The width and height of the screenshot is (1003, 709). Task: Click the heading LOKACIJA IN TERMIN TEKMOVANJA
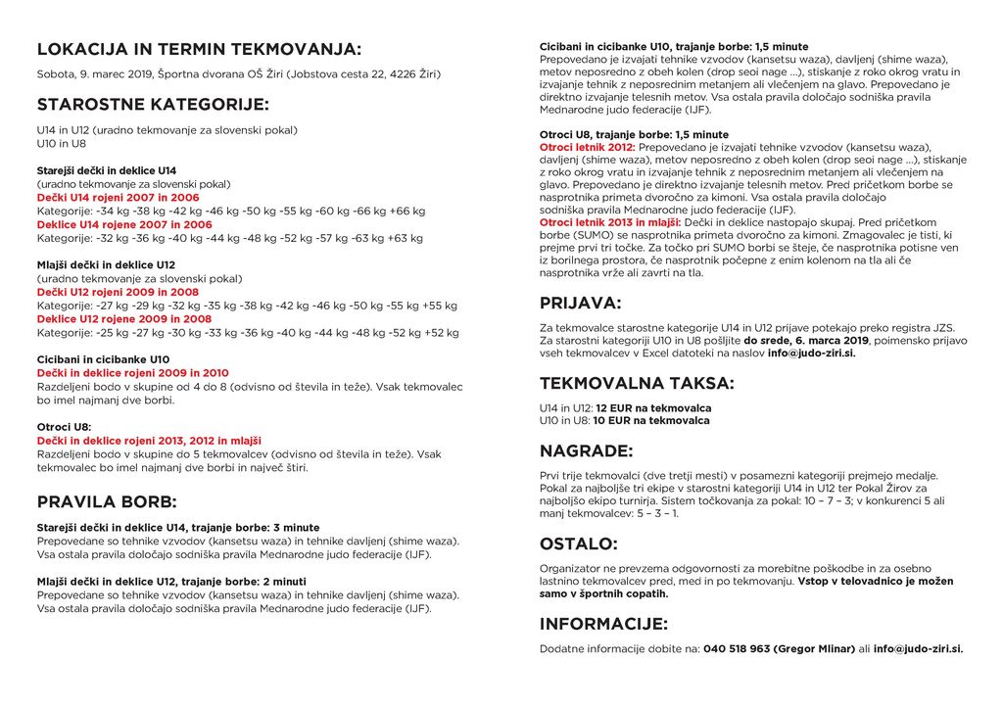(x=199, y=50)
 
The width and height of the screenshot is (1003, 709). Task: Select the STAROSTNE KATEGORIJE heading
(x=153, y=105)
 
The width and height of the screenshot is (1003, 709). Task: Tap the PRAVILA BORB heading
(x=107, y=502)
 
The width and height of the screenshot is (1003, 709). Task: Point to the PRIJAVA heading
(x=580, y=303)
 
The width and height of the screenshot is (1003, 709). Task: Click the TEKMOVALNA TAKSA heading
(x=637, y=383)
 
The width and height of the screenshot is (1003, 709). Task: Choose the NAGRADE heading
(x=586, y=451)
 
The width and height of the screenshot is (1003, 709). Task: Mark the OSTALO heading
(x=578, y=544)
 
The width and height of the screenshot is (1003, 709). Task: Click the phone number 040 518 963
(x=737, y=648)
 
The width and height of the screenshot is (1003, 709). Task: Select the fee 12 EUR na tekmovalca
(x=653, y=407)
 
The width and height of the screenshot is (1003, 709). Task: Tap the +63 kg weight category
(x=406, y=238)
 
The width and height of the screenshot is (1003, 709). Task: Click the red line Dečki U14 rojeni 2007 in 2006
(x=118, y=198)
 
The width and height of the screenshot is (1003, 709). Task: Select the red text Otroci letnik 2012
(x=587, y=147)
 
